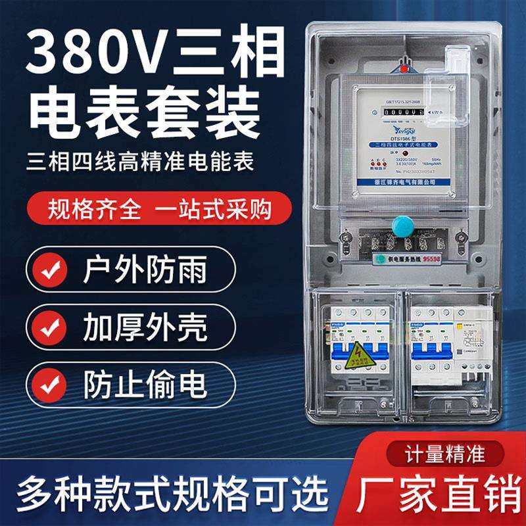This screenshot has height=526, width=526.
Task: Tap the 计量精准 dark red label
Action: tap(454, 453)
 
